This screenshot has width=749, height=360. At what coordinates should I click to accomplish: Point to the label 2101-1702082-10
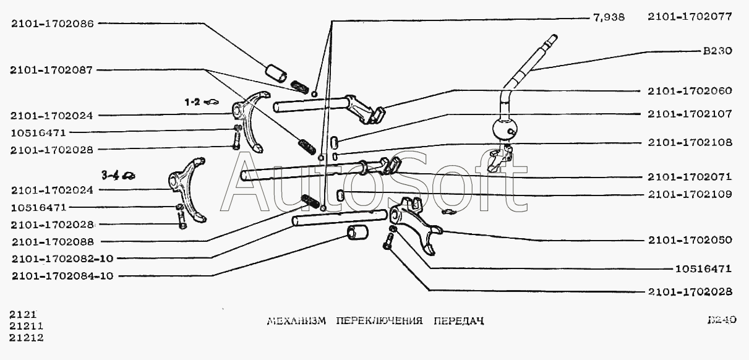pos(61,259)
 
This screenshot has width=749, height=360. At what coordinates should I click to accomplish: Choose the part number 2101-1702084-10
pos(61,276)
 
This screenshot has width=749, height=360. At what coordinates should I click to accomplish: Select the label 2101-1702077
pos(690,18)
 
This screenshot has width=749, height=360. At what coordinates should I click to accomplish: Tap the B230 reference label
pos(717,51)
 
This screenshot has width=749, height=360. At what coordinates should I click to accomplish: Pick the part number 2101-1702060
pos(690,91)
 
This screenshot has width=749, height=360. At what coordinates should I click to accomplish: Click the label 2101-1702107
pos(690,114)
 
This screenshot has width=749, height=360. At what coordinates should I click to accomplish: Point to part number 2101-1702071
pos(690,176)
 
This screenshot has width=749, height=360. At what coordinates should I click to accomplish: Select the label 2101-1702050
pos(690,240)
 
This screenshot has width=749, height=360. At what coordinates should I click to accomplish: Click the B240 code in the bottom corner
pos(722,320)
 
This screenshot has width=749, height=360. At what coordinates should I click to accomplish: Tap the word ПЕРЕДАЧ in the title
pos(458,321)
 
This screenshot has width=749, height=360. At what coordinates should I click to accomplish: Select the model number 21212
pos(26,338)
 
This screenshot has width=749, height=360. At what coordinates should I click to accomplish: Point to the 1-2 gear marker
pos(193,102)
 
